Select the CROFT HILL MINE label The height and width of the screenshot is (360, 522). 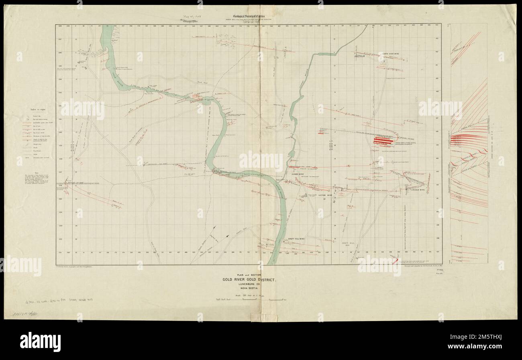coord(297,239)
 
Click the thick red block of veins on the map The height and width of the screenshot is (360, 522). coord(383,140)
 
